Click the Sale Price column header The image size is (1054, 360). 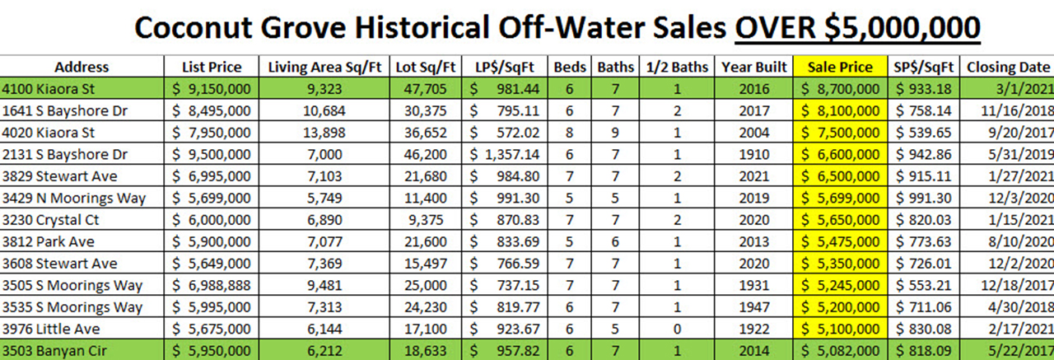840,67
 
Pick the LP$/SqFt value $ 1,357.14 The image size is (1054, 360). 504,154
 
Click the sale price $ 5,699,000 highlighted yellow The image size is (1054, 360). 840,198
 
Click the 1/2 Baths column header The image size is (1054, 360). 676,67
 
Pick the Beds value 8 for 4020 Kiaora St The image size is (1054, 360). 568,132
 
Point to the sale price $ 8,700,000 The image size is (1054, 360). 840,88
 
